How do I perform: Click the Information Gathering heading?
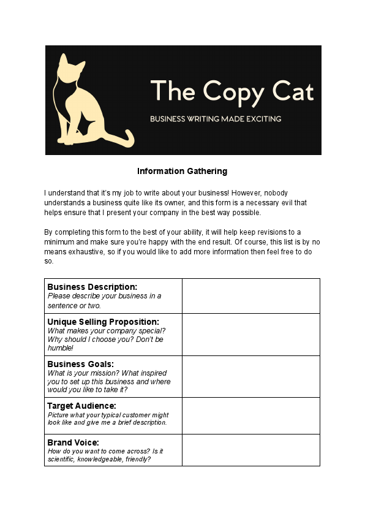point(182,171)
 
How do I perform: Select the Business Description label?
point(92,287)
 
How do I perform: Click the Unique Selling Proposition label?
point(103,322)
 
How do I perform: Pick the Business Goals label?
point(81,364)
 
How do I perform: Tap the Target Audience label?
point(82,406)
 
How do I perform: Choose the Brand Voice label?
point(73,442)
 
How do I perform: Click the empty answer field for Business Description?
point(250,296)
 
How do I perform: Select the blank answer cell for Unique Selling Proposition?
point(250,335)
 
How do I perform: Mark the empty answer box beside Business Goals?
point(250,376)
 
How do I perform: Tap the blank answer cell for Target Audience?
point(250,415)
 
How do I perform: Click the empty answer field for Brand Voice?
point(250,450)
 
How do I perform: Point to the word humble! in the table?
point(60,347)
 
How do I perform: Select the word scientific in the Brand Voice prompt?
point(62,459)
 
